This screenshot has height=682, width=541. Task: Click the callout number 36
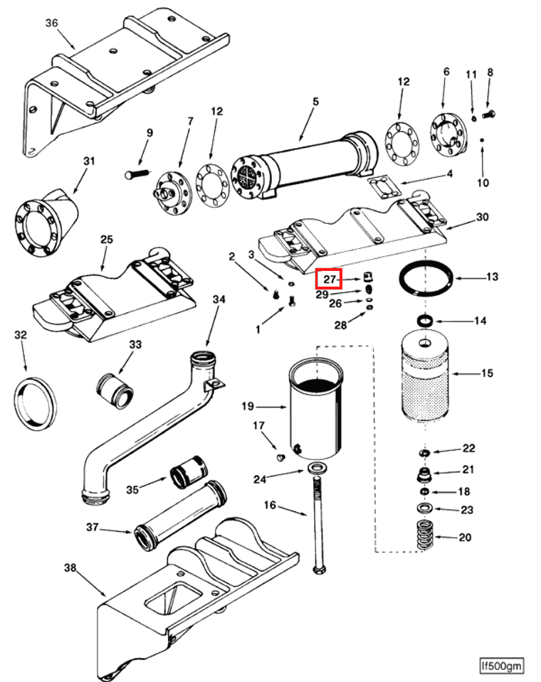pos(51,23)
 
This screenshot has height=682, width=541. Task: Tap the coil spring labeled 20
pos(425,536)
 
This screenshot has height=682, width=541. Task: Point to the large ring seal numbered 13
pos(425,277)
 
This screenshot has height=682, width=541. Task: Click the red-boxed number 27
pos(329,279)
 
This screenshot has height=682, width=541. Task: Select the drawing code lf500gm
pos(501,666)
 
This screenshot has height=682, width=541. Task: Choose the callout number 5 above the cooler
pos(315,102)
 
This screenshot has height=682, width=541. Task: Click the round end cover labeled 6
pos(446,133)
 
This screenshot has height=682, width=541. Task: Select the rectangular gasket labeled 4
pos(387,190)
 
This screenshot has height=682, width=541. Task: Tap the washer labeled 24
pos(315,468)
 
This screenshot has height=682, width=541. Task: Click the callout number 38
pos(69,568)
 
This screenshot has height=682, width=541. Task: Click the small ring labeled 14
pos(424,321)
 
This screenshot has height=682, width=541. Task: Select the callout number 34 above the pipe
pos(219,299)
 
